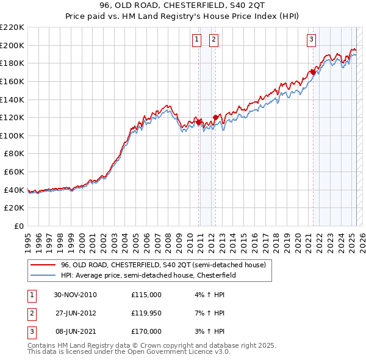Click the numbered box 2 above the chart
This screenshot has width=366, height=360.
tap(215, 40)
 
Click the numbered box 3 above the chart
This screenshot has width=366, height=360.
tap(311, 40)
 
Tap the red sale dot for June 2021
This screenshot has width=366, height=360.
tap(313, 72)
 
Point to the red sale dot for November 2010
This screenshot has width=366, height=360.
tap(199, 122)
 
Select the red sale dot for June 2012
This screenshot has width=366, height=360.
tap(215, 117)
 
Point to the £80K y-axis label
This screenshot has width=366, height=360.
tap(14, 154)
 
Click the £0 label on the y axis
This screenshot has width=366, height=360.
tap(19, 226)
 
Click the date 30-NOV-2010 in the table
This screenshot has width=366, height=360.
tap(75, 295)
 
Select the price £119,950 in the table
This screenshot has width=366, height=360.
tap(146, 314)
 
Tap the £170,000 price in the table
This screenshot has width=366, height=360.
tap(146, 331)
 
